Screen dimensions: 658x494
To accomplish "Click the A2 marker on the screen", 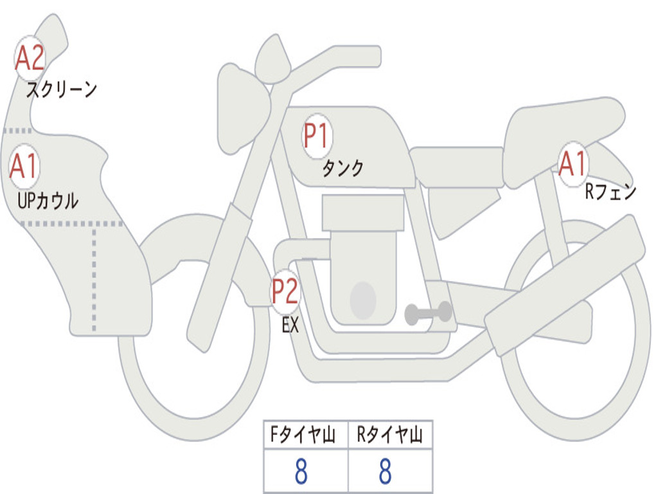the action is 30,58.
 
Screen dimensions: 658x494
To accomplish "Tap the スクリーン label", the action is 62,89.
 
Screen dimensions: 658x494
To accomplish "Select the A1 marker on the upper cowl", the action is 24,167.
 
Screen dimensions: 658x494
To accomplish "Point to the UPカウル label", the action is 48,201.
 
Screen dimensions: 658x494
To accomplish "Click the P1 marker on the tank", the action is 317,136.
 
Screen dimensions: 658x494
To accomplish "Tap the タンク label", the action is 342,168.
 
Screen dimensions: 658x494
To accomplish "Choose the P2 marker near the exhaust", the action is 285,291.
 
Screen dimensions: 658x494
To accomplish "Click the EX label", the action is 290,325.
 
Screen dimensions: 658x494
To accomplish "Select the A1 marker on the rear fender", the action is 573,164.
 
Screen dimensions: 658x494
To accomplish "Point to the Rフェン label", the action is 610,192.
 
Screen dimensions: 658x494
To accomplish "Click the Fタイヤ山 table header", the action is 303,434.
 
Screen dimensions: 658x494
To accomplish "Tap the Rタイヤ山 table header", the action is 389,434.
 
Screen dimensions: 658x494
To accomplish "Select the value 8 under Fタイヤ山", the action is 301,471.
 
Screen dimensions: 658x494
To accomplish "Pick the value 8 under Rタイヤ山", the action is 386,471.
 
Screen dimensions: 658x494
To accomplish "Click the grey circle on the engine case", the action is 363,300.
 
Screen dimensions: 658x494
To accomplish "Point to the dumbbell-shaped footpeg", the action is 428,313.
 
